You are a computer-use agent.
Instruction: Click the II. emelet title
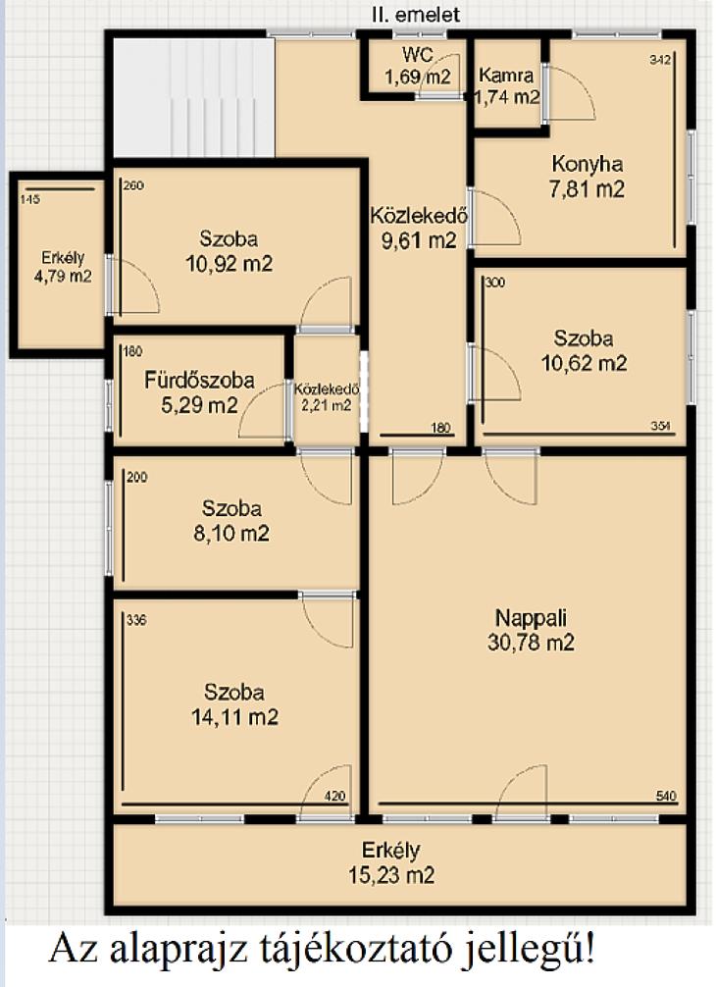click(416, 15)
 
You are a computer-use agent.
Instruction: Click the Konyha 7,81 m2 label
click(587, 177)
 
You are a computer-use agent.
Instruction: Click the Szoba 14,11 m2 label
click(234, 704)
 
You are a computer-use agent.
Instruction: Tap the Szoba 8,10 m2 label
click(231, 521)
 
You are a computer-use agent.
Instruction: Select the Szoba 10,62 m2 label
click(584, 350)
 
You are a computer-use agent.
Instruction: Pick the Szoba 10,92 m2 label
click(229, 251)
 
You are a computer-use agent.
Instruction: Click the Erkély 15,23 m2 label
click(390, 862)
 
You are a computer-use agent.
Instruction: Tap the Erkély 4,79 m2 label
click(63, 267)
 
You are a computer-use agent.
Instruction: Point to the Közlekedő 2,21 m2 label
click(327, 397)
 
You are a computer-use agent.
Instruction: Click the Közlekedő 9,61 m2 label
click(419, 228)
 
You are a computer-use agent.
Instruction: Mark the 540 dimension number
click(666, 796)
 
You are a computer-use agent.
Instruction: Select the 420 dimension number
click(335, 796)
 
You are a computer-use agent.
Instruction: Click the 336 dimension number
click(136, 620)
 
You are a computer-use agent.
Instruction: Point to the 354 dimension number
click(661, 426)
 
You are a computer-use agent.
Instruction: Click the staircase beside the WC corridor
click(194, 97)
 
